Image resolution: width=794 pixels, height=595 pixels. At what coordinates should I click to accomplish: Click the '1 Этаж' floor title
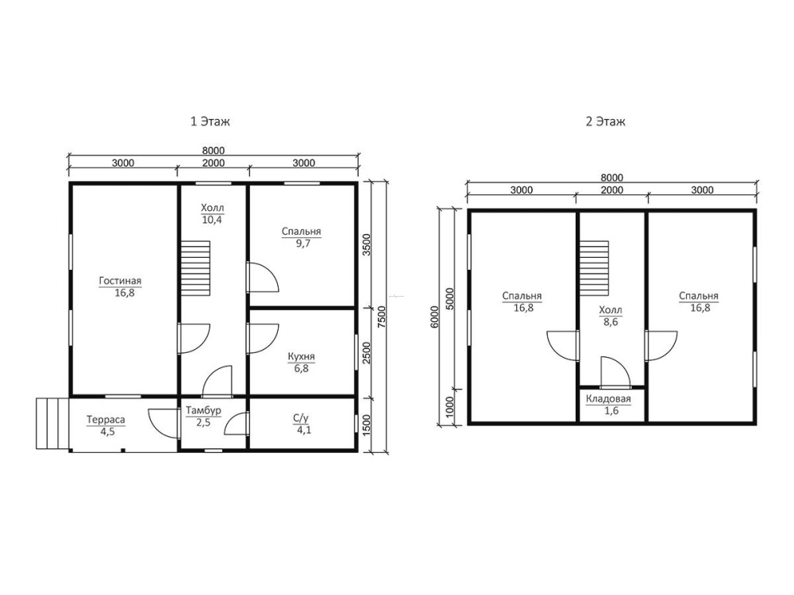tap(210, 121)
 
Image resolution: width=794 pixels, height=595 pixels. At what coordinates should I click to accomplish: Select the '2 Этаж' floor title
tap(606, 121)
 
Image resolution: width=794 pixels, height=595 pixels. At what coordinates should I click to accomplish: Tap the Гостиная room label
tap(120, 281)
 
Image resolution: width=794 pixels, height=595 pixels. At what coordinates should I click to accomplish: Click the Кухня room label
tap(301, 357)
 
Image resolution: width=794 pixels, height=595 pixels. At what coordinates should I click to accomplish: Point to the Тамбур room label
tap(203, 410)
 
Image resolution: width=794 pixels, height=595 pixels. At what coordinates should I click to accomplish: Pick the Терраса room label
tap(106, 420)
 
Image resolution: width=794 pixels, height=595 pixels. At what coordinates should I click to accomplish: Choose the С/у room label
tap(301, 418)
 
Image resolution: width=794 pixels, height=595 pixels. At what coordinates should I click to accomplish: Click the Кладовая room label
tap(609, 399)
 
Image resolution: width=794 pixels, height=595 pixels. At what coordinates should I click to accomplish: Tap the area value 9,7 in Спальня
tap(303, 244)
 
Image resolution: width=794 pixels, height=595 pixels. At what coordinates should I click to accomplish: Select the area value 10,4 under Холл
tap(212, 220)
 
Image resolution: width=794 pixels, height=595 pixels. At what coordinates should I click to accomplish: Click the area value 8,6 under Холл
tap(611, 322)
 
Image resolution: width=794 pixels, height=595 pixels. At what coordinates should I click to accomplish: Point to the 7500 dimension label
tap(383, 317)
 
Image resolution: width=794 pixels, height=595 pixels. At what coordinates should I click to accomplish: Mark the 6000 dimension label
tap(434, 317)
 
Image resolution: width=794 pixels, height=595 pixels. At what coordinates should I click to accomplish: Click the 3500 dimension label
tap(367, 244)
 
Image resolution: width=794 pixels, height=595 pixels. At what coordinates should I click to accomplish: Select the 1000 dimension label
tap(450, 406)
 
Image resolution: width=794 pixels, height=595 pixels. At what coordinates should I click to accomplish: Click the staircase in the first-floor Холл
tap(195, 268)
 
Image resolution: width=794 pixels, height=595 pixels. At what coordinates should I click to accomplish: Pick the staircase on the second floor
tap(594, 268)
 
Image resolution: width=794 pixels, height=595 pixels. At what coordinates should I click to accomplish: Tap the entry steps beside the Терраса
tap(52, 424)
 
